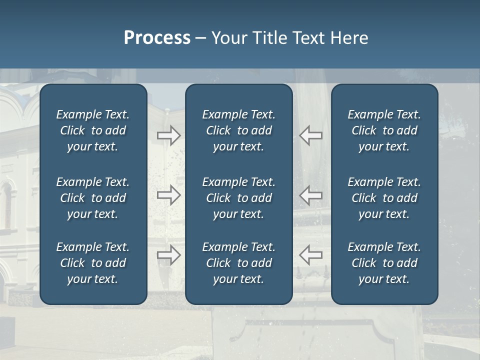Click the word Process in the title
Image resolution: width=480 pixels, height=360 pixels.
[x=157, y=38]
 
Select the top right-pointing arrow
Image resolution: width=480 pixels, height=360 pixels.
[x=169, y=135]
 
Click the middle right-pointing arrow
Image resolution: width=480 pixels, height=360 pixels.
[x=169, y=195]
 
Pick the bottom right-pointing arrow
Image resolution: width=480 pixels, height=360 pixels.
[x=169, y=255]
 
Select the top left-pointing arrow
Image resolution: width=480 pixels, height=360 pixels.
[x=311, y=135]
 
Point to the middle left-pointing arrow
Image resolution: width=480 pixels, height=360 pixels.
[x=311, y=195]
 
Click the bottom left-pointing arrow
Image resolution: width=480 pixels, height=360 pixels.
[x=311, y=255]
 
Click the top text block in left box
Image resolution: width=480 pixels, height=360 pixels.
[x=93, y=130]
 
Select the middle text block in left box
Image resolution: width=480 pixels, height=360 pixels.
[x=93, y=198]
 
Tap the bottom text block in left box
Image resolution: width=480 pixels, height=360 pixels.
[x=93, y=263]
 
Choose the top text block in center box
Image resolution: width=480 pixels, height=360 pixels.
[x=238, y=130]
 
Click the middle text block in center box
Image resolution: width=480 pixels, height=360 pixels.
[x=238, y=198]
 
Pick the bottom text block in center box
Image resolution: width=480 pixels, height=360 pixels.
[x=238, y=263]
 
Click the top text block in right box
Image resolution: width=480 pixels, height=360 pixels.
[x=384, y=130]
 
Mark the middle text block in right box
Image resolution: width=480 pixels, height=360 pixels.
[x=384, y=198]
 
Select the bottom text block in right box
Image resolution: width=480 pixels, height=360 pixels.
[x=384, y=263]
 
